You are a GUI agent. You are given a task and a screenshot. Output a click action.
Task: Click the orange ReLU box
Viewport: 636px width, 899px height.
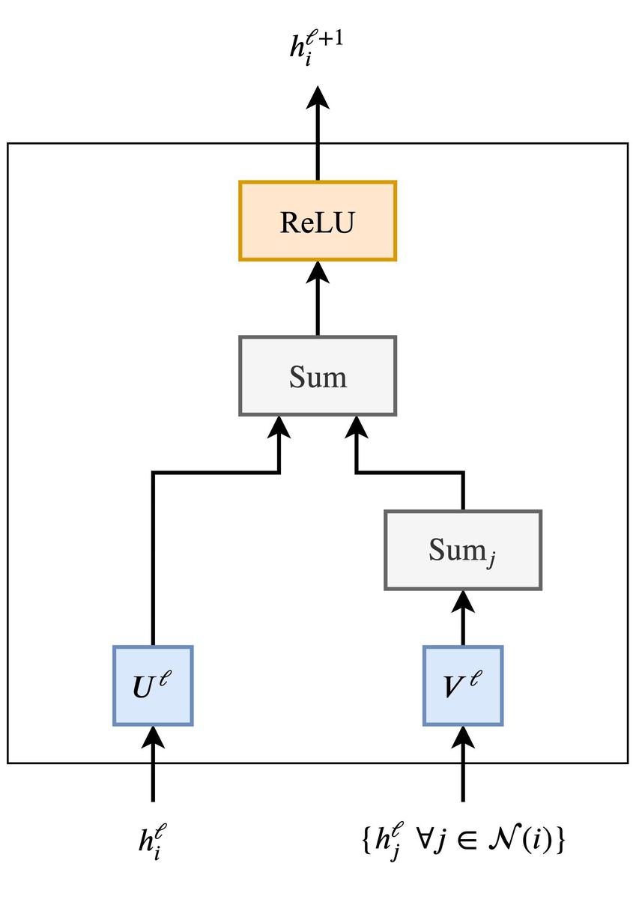tap(318, 221)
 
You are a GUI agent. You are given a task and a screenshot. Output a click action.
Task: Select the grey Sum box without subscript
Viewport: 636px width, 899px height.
tap(318, 375)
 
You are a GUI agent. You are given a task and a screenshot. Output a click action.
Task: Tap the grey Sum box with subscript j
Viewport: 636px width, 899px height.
tap(462, 551)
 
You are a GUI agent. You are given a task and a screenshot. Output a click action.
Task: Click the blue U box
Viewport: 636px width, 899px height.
tap(153, 685)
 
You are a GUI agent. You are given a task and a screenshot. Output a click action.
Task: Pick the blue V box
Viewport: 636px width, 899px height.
tap(462, 685)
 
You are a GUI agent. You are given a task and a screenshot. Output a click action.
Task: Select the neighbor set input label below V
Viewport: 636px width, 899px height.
tap(462, 841)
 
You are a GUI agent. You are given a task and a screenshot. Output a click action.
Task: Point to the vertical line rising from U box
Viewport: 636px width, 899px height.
tap(153, 562)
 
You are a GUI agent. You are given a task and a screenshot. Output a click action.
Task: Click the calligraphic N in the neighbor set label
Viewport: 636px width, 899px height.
tap(509, 840)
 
